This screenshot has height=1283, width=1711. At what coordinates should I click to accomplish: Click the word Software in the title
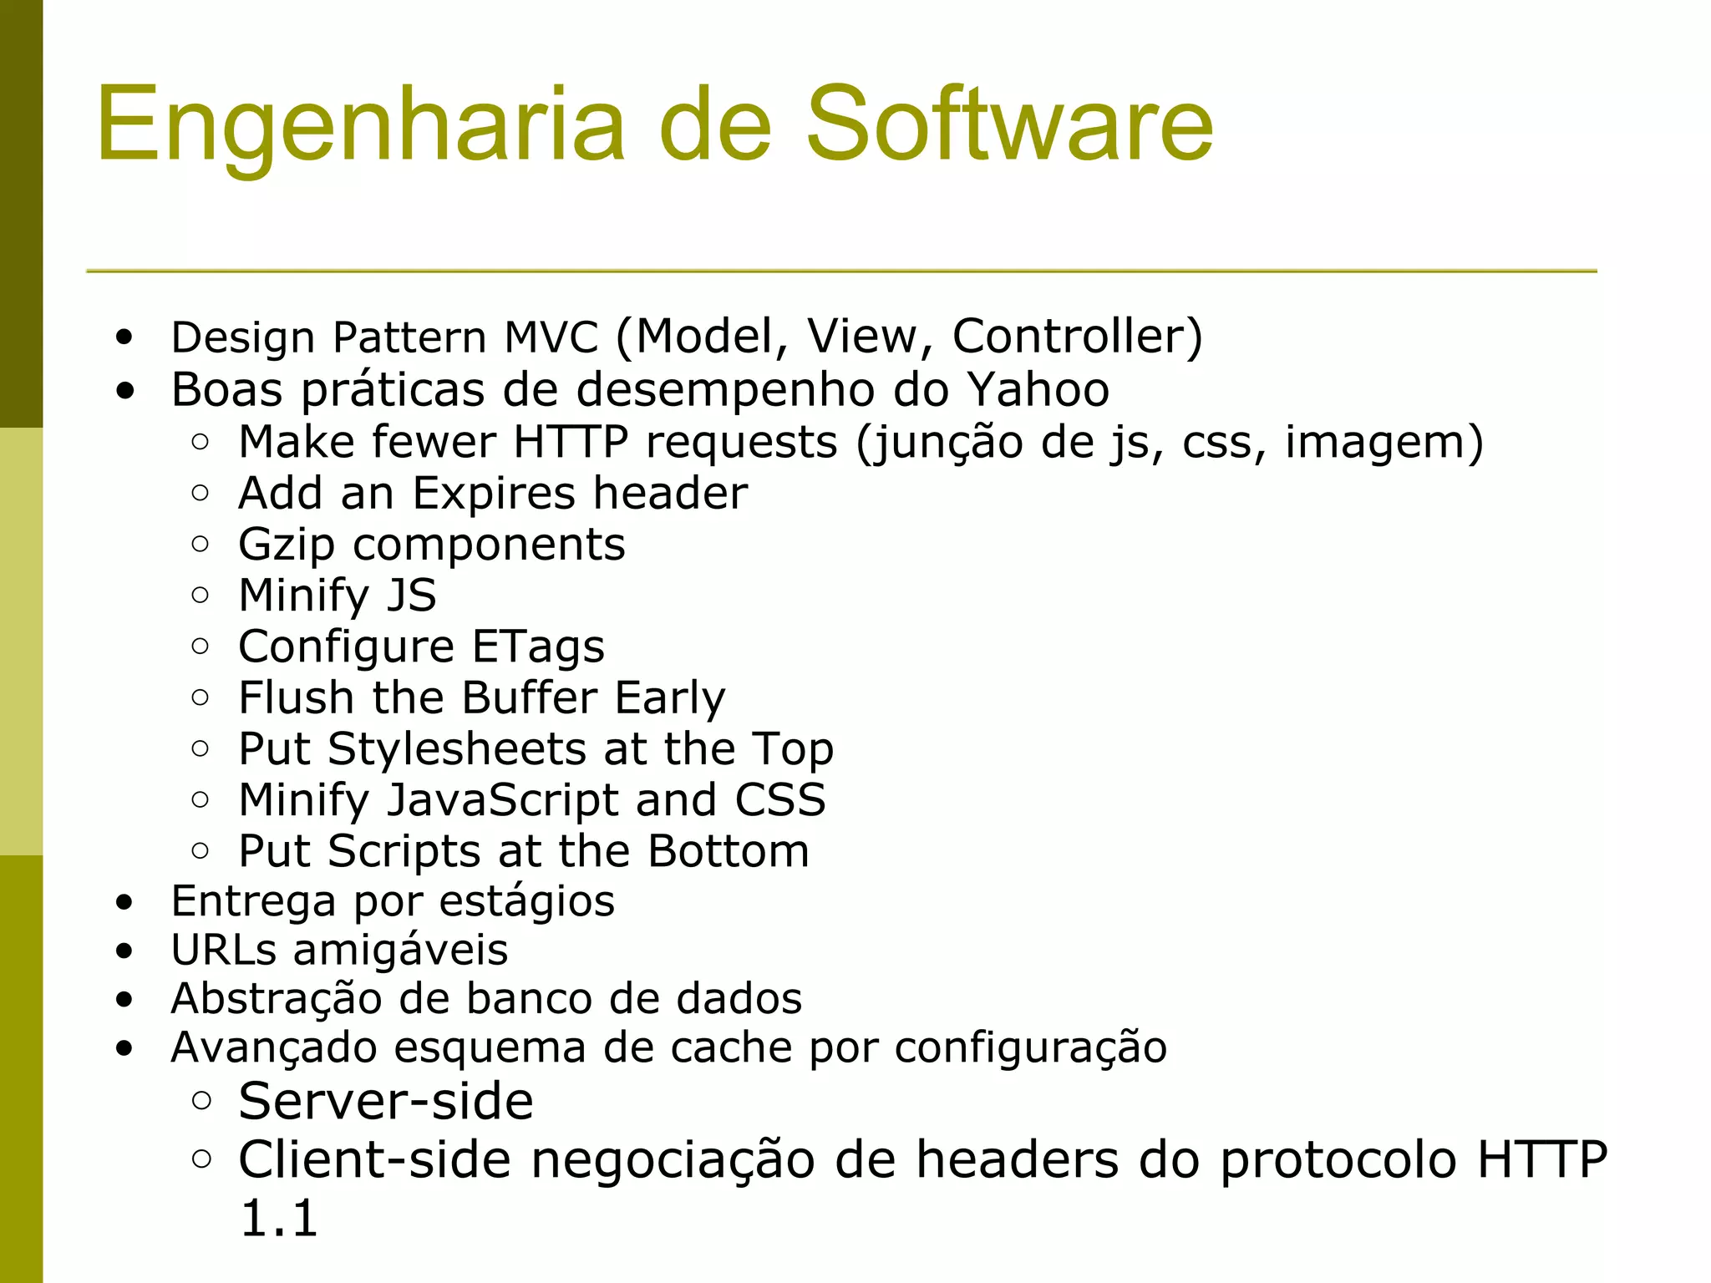pyautogui.click(x=1008, y=124)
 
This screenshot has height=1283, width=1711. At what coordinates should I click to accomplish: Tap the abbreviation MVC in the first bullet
pyautogui.click(x=551, y=337)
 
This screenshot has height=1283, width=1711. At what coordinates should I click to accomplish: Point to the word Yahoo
pyautogui.click(x=1038, y=390)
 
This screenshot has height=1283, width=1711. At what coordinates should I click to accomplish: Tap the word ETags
pyautogui.click(x=538, y=647)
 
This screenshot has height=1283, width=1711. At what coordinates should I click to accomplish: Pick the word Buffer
pyautogui.click(x=529, y=697)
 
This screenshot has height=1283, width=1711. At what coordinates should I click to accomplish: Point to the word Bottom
pyautogui.click(x=728, y=851)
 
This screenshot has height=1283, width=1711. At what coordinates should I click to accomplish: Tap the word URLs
pyautogui.click(x=223, y=950)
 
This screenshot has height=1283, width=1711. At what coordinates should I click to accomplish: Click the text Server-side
pyautogui.click(x=385, y=1101)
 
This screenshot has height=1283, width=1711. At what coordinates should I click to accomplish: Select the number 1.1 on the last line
pyautogui.click(x=278, y=1218)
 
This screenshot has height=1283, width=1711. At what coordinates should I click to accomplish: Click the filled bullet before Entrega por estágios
pyautogui.click(x=124, y=903)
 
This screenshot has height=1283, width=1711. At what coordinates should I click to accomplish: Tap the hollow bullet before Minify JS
pyautogui.click(x=200, y=595)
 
